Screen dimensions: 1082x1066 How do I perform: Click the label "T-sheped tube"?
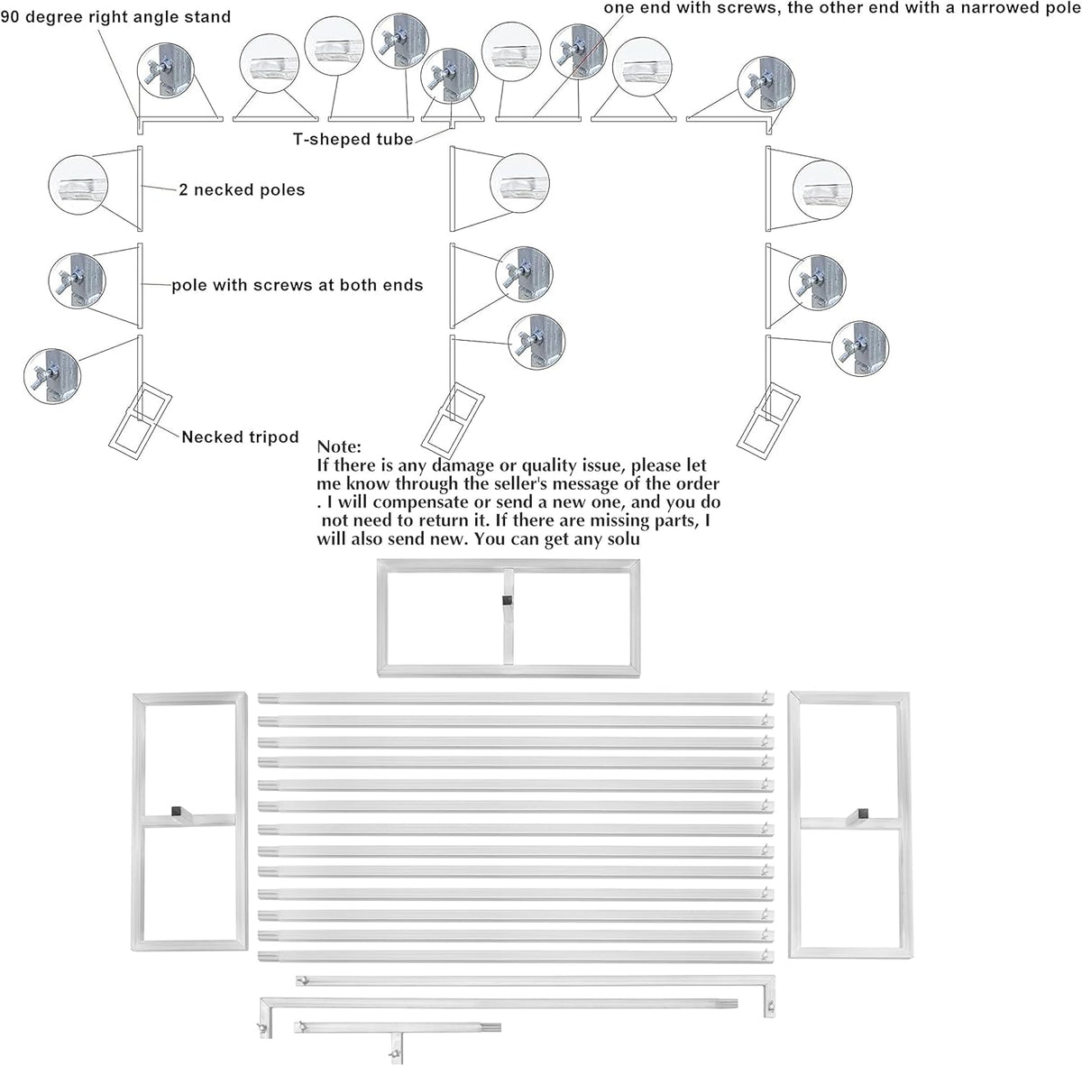[353, 139]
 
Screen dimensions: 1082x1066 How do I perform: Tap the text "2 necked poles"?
[242, 189]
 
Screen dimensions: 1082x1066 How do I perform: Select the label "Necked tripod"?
[240, 437]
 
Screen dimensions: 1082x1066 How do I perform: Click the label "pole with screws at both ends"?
[297, 285]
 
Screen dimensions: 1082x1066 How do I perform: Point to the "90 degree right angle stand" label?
[115, 16]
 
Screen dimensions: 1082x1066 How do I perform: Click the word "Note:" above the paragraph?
[339, 446]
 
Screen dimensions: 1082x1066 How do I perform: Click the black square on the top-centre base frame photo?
[506, 601]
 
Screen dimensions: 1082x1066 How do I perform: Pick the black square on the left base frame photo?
[177, 811]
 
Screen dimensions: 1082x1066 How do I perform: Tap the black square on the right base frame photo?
[863, 813]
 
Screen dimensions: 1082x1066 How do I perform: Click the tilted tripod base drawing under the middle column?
[452, 418]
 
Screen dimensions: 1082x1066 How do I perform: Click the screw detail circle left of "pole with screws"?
[77, 280]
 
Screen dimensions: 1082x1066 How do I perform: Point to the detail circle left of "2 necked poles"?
[78, 185]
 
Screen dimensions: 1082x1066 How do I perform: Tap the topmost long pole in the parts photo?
[516, 699]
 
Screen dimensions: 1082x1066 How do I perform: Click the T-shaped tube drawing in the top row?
[452, 119]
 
